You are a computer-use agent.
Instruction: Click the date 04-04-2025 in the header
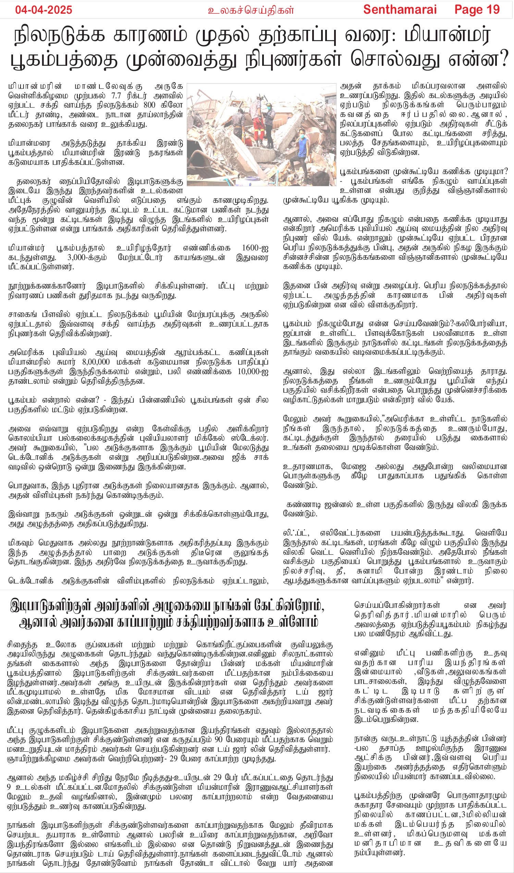pos(44,10)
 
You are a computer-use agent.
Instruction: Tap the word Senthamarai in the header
pos(400,10)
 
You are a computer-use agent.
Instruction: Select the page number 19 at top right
pos(492,10)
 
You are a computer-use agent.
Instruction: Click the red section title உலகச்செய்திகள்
pos(251,10)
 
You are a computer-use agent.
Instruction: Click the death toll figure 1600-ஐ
pos(255,248)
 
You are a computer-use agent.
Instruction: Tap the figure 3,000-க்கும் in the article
pos(87,257)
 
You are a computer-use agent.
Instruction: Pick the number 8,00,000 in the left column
pos(96,362)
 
